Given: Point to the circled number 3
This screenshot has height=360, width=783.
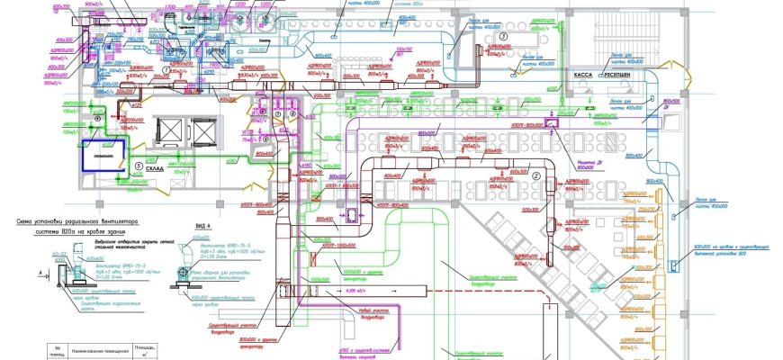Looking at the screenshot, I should tap(505, 35).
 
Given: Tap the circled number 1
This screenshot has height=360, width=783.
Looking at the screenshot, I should tap(278, 115).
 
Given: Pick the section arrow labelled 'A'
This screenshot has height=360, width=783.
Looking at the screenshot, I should tap(45, 267).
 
